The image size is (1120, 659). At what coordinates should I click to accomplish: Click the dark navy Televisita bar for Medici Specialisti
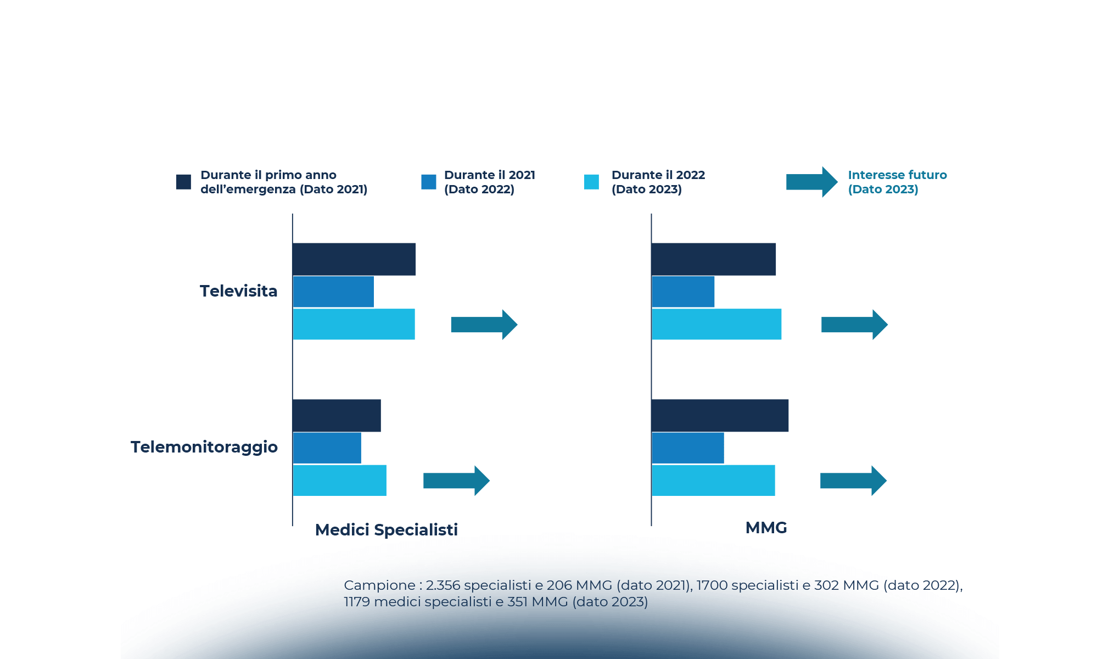pos(354,259)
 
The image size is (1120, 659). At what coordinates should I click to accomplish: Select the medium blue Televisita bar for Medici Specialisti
pos(333,292)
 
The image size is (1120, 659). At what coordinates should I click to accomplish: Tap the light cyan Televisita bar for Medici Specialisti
pos(354,324)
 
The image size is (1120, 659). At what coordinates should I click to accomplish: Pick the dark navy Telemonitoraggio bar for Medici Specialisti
pos(337,416)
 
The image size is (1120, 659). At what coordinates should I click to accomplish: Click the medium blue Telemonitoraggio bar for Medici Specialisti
pos(327,448)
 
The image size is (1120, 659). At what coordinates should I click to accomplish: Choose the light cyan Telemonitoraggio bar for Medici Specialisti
pos(340,481)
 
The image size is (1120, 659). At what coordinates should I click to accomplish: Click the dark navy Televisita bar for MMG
pos(713,259)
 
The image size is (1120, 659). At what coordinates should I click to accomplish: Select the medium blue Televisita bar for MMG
pos(683,292)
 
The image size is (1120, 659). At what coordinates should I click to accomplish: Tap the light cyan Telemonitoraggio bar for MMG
pos(713,481)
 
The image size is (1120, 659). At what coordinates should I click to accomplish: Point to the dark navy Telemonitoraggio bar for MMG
pos(720,416)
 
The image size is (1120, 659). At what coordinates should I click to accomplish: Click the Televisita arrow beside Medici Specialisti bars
pos(484,325)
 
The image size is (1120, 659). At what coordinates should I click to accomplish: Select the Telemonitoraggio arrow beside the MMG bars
pos(853,481)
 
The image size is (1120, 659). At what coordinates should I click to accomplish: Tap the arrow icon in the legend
pos(811,182)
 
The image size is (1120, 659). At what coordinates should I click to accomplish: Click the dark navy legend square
pos(183,182)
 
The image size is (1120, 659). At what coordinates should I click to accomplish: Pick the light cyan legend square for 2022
pos(591,182)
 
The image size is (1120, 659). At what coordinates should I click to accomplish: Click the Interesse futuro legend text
pos(897,182)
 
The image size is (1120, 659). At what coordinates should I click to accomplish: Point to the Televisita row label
pos(238,291)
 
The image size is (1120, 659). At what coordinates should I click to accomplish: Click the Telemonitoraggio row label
pos(204,447)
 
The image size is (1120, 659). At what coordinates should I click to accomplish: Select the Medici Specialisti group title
pos(386,530)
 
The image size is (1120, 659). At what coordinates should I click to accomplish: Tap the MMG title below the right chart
pos(766,528)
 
